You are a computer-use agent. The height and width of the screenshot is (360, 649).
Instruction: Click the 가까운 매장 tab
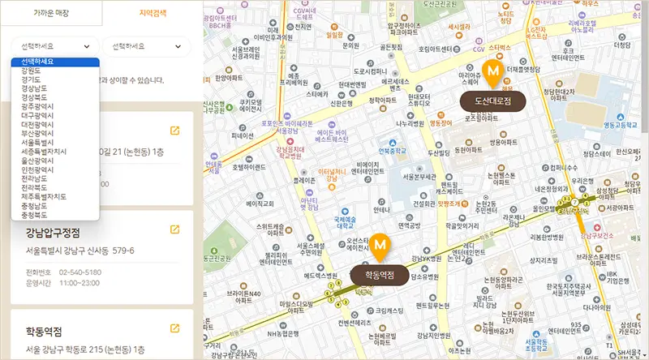click(x=50, y=12)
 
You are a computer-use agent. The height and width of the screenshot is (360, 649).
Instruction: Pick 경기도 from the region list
click(x=23, y=79)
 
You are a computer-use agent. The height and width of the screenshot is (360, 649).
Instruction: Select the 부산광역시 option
click(x=29, y=133)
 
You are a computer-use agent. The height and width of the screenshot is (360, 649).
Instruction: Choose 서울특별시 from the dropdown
click(x=29, y=142)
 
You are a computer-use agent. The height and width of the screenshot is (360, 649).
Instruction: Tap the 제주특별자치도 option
click(x=38, y=196)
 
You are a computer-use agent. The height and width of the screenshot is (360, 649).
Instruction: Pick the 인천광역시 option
click(x=29, y=169)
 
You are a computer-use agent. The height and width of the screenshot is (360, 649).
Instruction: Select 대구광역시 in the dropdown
click(x=29, y=115)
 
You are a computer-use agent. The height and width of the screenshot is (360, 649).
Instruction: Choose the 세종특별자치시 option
click(x=38, y=152)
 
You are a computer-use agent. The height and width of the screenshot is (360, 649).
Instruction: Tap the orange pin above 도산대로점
click(x=492, y=74)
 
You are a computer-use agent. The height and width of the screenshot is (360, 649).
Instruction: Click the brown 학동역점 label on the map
click(x=380, y=274)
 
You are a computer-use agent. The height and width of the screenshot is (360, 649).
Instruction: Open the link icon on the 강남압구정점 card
click(x=174, y=230)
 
